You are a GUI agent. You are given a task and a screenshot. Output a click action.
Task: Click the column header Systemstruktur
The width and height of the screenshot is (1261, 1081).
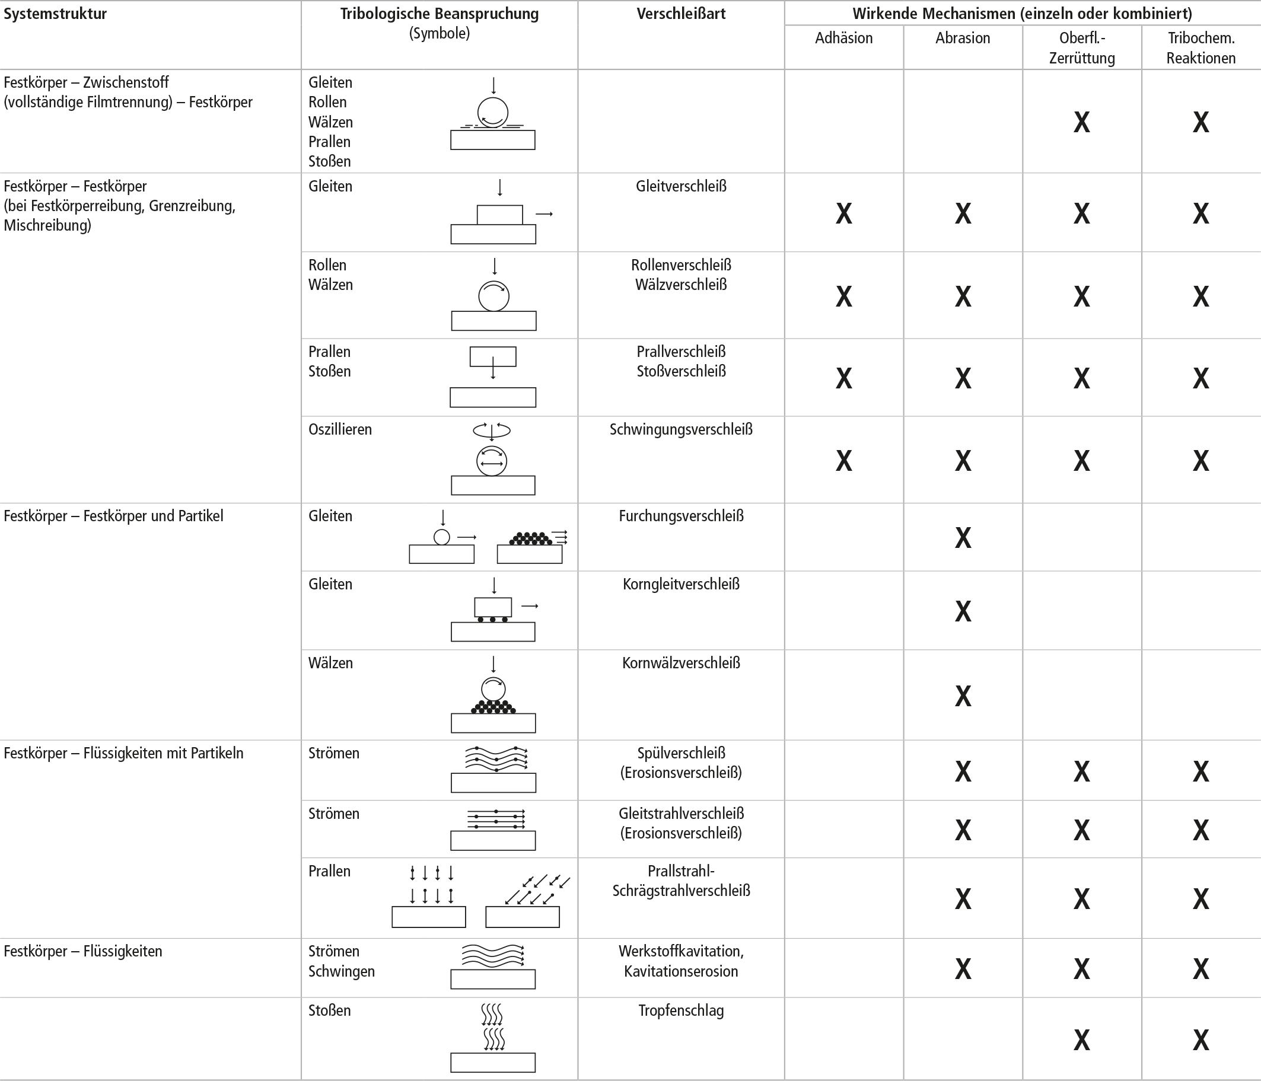pos(55,14)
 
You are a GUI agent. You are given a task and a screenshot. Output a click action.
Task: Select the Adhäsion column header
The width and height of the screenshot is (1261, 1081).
pos(843,38)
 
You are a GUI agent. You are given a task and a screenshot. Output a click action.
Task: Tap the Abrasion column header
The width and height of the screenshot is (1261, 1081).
pos(962,38)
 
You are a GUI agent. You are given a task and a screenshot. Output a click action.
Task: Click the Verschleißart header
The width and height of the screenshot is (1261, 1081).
pos(681,14)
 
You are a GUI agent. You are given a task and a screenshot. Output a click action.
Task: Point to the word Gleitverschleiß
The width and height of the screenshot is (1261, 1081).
pos(681,186)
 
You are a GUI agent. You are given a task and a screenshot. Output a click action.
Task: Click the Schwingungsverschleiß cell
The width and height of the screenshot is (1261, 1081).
pos(681,429)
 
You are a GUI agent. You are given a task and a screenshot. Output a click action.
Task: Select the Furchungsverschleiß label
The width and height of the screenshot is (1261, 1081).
pos(681,516)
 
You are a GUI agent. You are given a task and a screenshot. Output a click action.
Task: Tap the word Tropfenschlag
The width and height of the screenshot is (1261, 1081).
pos(681,1010)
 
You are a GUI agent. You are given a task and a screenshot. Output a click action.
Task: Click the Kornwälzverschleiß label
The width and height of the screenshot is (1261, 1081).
pos(681,663)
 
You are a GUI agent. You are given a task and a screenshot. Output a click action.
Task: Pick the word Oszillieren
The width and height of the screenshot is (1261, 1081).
pos(340,429)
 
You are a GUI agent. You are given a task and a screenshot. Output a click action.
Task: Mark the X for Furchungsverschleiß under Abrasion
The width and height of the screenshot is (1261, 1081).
pos(963,538)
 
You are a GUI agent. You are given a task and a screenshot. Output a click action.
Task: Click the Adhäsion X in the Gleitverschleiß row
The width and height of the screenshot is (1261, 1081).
pos(843,213)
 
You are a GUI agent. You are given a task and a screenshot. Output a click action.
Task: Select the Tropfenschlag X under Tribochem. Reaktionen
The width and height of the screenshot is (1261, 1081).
pos(1200,1040)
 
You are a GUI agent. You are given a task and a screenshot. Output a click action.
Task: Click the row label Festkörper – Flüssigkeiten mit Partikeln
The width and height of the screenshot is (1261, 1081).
pos(123,753)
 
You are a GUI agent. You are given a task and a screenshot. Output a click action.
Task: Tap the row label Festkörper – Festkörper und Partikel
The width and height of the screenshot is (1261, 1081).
pos(113,516)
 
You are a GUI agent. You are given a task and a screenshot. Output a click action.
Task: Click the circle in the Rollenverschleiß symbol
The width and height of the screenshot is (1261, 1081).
pos(493,296)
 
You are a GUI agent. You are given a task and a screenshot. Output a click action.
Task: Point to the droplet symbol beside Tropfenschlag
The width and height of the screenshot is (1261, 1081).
pos(492,1028)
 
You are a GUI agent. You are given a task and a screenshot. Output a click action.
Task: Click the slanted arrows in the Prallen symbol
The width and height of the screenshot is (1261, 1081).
pos(536,889)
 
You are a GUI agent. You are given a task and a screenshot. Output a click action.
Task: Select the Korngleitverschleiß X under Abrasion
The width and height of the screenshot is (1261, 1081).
pos(963,611)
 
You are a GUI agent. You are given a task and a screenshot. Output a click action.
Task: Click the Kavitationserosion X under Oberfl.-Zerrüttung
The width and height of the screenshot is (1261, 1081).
pos(1081,969)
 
